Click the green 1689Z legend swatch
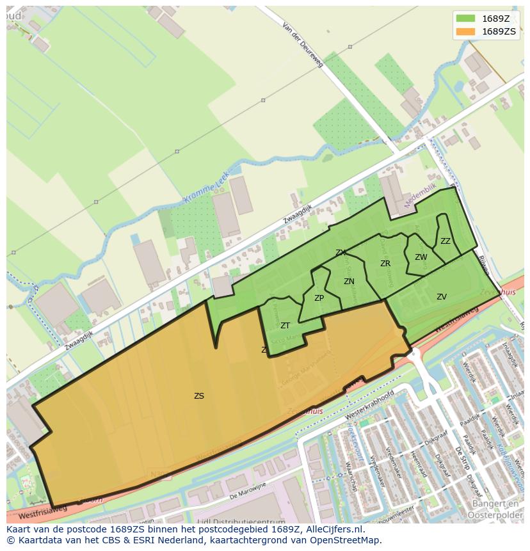tap(466, 18)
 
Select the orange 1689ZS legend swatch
tap(466, 31)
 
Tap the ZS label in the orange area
tap(199, 396)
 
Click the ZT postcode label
tap(285, 326)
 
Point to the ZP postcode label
tap(319, 298)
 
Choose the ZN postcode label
tap(349, 281)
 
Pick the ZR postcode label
tap(385, 264)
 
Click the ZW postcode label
tap(421, 257)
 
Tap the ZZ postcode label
tap(446, 241)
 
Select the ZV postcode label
tap(442, 296)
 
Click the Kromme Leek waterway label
tap(206, 191)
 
